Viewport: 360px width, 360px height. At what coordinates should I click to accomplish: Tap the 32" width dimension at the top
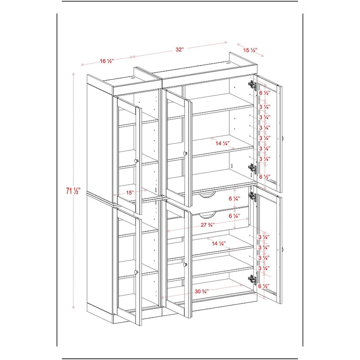(180, 50)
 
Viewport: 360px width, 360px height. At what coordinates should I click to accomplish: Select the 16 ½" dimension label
(106, 61)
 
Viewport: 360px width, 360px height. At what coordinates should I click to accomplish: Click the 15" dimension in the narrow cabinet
(130, 192)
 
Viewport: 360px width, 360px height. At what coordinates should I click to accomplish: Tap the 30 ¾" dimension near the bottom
(201, 291)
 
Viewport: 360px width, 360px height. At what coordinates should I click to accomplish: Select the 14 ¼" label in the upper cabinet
(222, 143)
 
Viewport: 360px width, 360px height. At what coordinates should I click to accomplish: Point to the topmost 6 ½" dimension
(264, 92)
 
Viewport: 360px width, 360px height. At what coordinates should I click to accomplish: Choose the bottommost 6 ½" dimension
(264, 286)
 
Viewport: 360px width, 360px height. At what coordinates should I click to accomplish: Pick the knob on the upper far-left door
(136, 161)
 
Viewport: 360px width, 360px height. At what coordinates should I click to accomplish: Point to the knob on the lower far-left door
(136, 272)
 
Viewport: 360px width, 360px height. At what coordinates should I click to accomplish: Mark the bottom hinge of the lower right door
(251, 279)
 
